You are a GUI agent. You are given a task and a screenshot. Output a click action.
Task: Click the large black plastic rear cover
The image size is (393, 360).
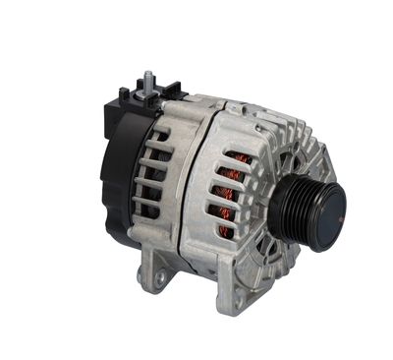(116, 177)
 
